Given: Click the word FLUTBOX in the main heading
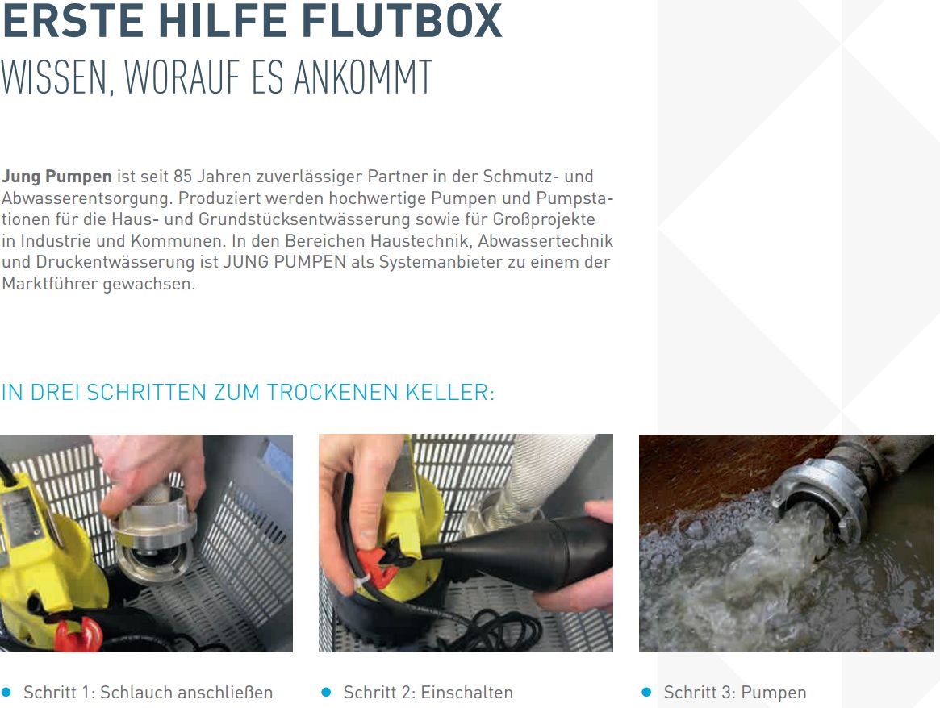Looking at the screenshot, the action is pyautogui.click(x=401, y=22).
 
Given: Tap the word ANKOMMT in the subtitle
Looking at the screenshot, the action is pyautogui.click(x=363, y=77).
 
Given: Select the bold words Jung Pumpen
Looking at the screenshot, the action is pyautogui.click(x=56, y=177).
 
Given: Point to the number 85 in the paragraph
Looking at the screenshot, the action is pyautogui.click(x=182, y=176).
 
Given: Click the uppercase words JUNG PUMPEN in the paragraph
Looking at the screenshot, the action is pyautogui.click(x=285, y=262).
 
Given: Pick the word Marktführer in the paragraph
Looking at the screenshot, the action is pyautogui.click(x=50, y=283).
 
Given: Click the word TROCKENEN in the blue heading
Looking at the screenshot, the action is pyautogui.click(x=332, y=393).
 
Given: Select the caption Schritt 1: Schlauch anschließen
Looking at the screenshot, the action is pyautogui.click(x=148, y=693).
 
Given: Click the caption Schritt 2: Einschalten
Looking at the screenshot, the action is pyautogui.click(x=428, y=693).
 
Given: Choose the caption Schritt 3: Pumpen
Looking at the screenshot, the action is pyautogui.click(x=735, y=693).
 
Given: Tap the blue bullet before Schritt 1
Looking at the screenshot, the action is pyautogui.click(x=6, y=693).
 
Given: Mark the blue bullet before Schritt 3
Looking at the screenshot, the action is pyautogui.click(x=646, y=693).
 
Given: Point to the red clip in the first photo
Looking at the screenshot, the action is pyautogui.click(x=78, y=633).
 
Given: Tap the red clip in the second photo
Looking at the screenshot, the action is pyautogui.click(x=386, y=560).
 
